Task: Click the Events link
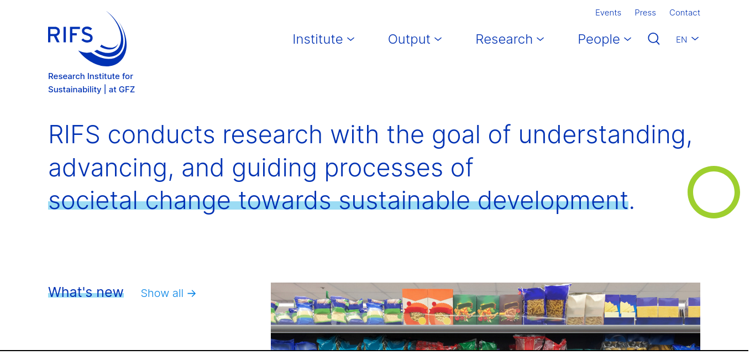[608, 13]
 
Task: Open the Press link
[645, 13]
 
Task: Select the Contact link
[685, 13]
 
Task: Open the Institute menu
[323, 39]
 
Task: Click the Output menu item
[415, 39]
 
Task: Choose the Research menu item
[510, 39]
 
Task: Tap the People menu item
[604, 39]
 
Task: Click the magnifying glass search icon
[653, 39]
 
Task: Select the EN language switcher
[687, 39]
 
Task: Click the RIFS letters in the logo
[70, 35]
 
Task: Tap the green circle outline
[714, 166]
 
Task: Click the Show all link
[168, 293]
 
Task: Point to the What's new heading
[86, 292]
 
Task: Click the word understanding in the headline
[605, 135]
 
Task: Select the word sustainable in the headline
[404, 201]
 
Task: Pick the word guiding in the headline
[274, 168]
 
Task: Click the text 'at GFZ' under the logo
[122, 90]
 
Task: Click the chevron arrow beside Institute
[350, 39]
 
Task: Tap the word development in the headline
[553, 201]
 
